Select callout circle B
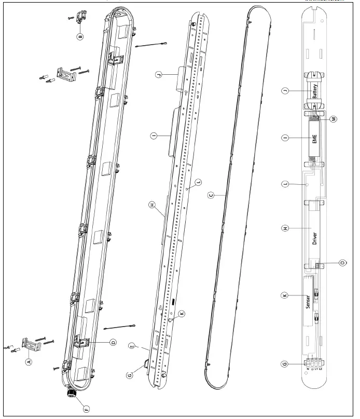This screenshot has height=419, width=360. (80, 37)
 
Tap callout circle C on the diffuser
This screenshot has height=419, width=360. (211, 195)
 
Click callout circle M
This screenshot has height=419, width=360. (334, 119)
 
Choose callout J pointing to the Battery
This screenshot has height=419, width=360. (284, 92)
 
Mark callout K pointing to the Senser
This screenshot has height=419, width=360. (284, 295)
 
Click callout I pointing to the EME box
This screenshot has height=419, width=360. (284, 138)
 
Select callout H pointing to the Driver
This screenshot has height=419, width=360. (284, 228)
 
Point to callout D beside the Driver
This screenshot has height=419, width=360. (342, 263)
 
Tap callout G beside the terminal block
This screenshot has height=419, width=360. (284, 364)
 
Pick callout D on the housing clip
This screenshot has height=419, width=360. (113, 342)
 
